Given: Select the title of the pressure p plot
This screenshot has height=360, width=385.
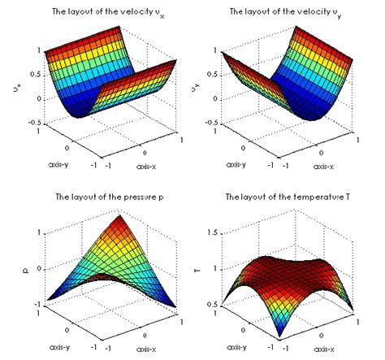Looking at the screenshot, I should pos(101,196).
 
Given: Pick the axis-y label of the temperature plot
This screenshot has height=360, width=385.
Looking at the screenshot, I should pos(229,345).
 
